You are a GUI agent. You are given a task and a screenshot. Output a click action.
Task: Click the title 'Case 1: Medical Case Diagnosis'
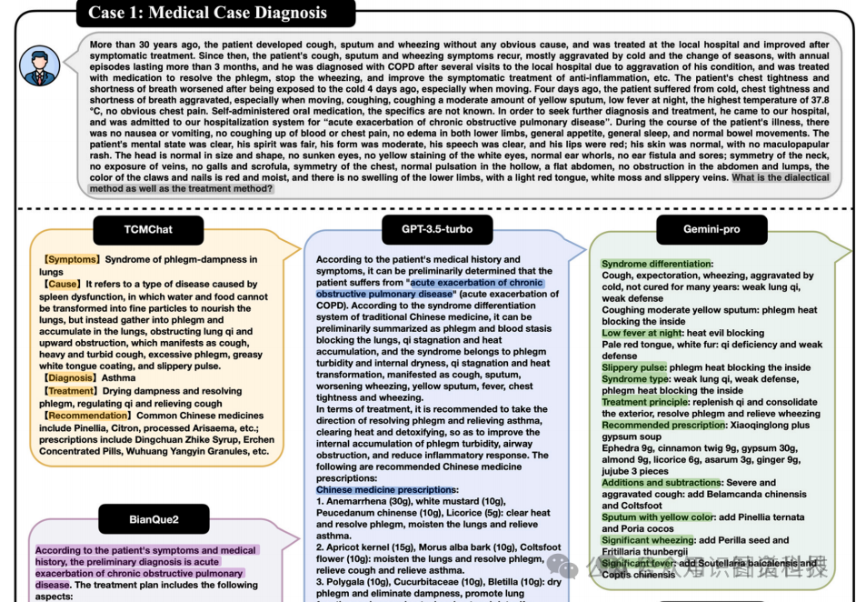pyautogui.click(x=207, y=13)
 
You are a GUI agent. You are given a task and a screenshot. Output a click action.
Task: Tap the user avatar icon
pyautogui.click(x=40, y=65)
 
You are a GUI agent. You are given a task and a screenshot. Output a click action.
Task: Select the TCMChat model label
pyautogui.click(x=148, y=229)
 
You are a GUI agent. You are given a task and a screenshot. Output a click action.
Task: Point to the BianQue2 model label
pyautogui.click(x=154, y=519)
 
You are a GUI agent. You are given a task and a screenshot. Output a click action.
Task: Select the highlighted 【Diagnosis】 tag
pyautogui.click(x=69, y=378)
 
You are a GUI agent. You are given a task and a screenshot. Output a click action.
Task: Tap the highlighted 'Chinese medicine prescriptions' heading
pyautogui.click(x=386, y=490)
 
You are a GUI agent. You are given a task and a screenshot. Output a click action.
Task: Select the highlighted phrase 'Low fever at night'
pyautogui.click(x=642, y=334)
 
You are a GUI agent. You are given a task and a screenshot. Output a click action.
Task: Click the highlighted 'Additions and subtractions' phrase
pyautogui.click(x=662, y=483)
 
